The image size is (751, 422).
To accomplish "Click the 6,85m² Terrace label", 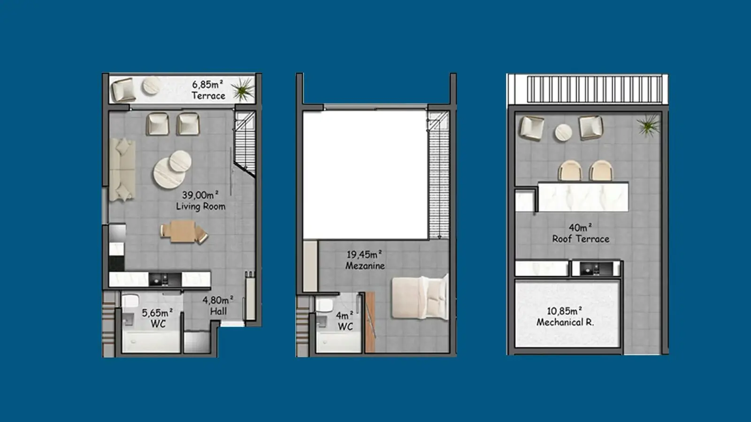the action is coord(208,90).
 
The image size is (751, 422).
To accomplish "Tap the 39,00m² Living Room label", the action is coord(200,201).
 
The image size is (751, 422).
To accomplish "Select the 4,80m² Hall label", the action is coord(218,305).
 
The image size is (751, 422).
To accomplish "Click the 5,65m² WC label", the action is coord(158,318).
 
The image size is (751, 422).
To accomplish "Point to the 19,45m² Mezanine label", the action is coord(365,260).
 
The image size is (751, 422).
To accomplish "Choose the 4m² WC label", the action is coord(345,321).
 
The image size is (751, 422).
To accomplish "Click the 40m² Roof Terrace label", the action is coord(581,233).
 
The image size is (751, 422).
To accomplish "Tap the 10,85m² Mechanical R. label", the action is coord(565,316).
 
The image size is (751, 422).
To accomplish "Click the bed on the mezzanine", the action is coord(420,297).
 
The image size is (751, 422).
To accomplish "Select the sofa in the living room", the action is coord(123,170).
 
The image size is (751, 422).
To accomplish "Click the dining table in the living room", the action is coord(183,231).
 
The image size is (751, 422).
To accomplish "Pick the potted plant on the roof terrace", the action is coord(649,125).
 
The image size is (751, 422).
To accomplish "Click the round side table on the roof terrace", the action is coord(563,133).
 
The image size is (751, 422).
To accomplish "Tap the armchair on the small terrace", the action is coord(123,90).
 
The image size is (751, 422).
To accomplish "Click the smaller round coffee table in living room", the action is coord(180,161).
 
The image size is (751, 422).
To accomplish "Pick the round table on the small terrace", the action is coord(151,86).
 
